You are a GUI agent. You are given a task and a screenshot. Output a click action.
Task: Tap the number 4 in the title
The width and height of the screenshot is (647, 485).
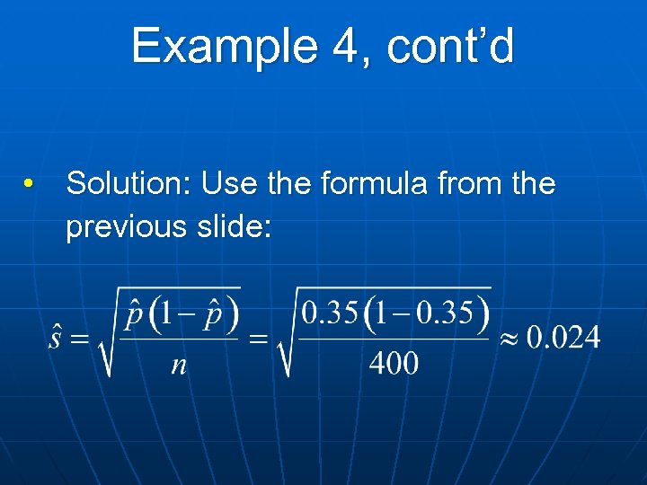pos(344,47)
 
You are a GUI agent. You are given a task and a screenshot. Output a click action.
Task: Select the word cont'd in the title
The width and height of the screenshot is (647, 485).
pos(450,47)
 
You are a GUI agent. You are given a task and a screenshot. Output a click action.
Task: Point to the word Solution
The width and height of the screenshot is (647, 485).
pos(129,184)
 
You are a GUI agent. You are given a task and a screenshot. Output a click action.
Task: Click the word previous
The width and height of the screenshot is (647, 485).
pos(123,226)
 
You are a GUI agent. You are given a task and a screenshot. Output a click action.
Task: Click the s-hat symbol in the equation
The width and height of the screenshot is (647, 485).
pos(56,339)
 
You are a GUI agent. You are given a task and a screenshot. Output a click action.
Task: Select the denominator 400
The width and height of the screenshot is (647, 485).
pos(393,364)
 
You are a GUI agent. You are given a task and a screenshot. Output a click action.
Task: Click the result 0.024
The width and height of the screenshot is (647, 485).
pos(563,338)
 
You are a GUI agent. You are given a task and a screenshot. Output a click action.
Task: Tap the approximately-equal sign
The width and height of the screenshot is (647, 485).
pos(508,339)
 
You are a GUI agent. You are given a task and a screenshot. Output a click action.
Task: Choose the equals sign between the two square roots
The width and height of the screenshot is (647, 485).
pos(258,339)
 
